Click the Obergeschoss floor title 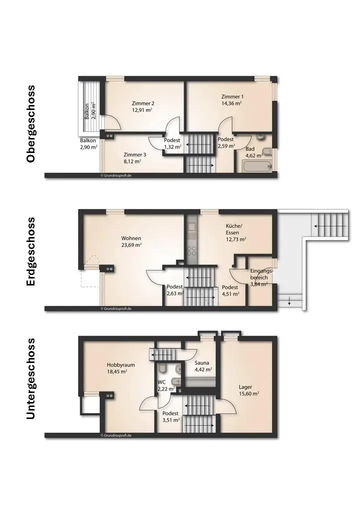(31, 123)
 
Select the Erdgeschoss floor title (31, 251)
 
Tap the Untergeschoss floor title (31, 378)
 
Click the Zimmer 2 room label (142, 103)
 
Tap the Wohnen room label (131, 238)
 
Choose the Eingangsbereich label (261, 274)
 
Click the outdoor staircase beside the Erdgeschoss (329, 226)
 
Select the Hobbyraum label (120, 364)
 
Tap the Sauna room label (202, 362)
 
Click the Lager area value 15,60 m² (248, 393)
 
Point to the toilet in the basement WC (162, 369)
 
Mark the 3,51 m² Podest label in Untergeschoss (170, 420)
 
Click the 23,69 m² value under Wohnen (131, 245)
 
